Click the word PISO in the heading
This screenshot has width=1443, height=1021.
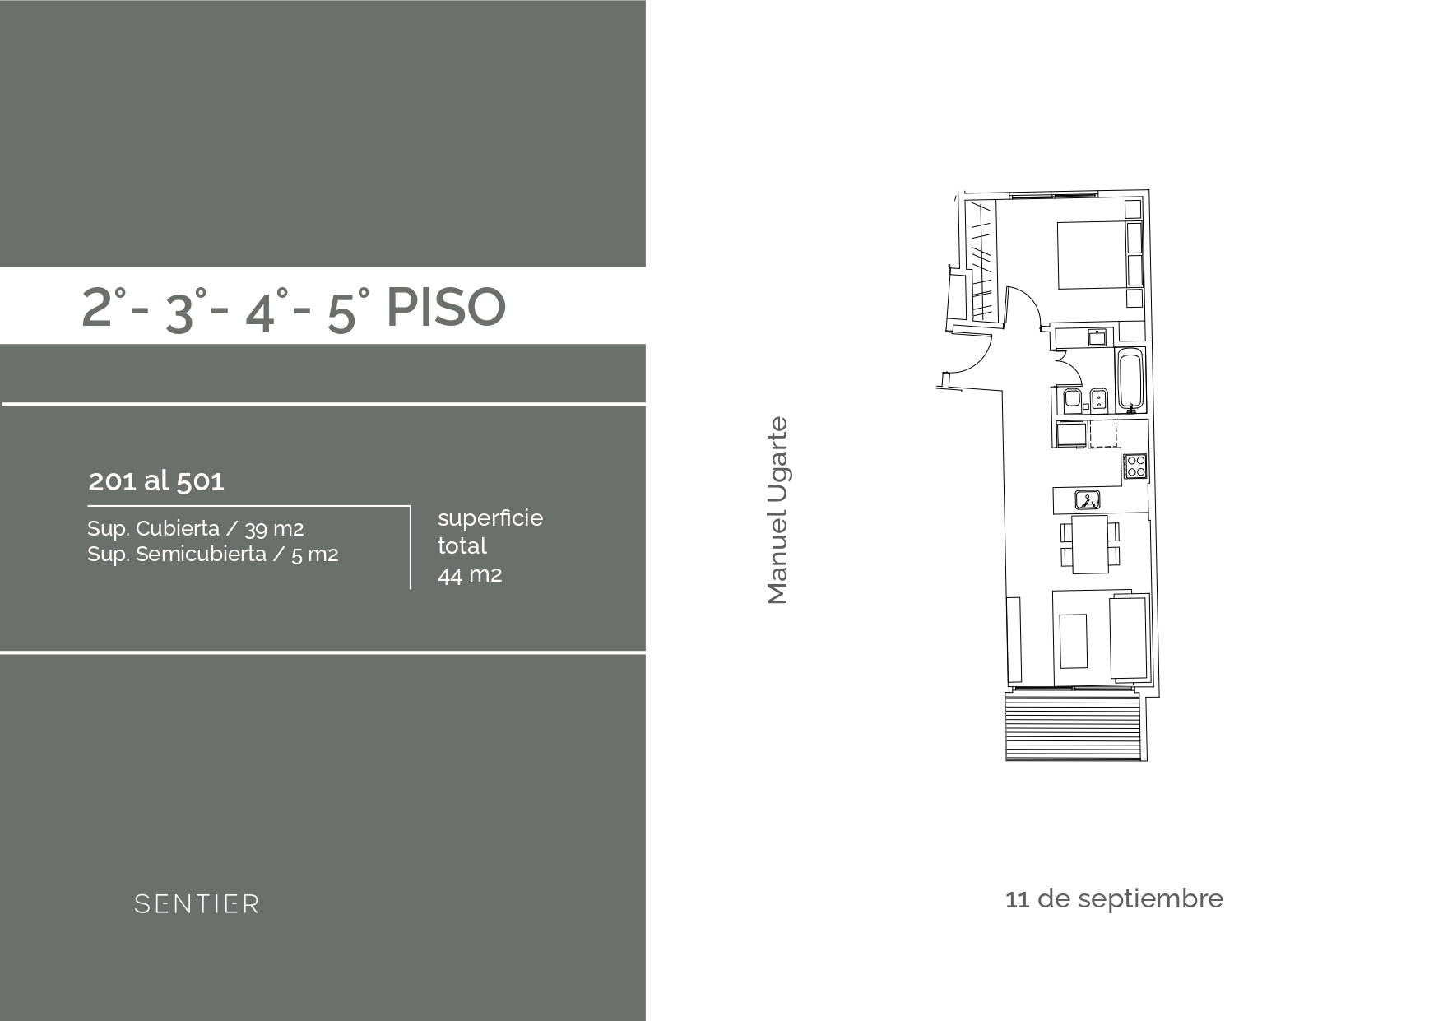point(445,308)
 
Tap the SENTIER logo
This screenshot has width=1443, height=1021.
point(197,904)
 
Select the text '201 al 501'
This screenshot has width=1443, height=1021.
point(156,480)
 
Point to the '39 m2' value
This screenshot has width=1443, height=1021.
point(274,529)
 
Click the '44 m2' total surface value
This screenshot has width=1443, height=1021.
point(470,574)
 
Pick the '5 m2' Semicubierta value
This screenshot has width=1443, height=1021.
point(314,555)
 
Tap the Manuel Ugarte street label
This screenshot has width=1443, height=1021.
point(777,511)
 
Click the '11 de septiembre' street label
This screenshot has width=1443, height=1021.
point(1114,898)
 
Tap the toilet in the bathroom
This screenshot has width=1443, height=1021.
point(1072,401)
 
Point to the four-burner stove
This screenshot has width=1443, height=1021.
point(1135,466)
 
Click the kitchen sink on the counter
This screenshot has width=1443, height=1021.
point(1088,499)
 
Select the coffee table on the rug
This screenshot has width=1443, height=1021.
point(1074,641)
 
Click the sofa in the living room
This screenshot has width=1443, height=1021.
point(1128,638)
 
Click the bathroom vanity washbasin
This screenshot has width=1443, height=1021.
point(1097,336)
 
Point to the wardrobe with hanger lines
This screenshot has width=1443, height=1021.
point(982,260)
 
